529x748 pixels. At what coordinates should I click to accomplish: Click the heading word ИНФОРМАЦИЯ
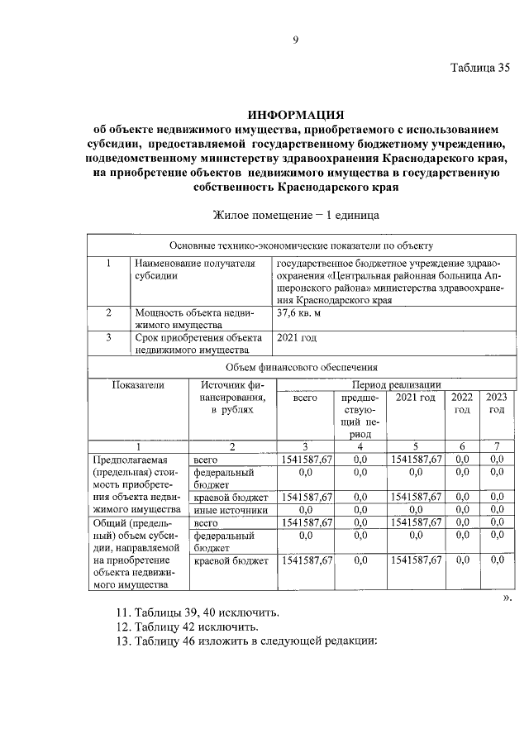(295, 114)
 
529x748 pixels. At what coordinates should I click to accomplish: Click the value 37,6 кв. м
(299, 313)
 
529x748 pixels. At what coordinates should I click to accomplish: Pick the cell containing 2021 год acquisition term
(297, 338)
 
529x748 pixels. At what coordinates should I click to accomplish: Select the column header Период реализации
(396, 384)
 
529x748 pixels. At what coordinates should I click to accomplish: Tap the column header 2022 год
(462, 403)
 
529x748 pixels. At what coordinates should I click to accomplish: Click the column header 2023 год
(496, 403)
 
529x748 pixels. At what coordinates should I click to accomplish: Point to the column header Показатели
(138, 385)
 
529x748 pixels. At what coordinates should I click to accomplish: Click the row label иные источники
(230, 510)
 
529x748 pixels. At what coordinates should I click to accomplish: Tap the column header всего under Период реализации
(306, 398)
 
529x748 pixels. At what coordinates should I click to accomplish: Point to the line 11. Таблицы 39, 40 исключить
(197, 612)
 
